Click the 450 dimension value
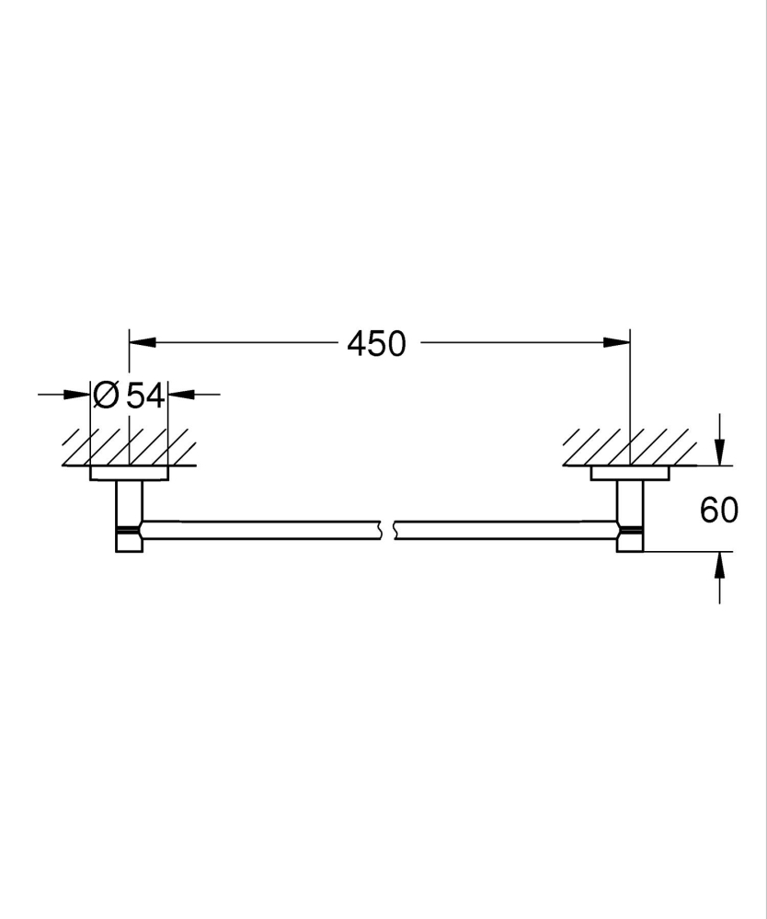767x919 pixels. (x=376, y=344)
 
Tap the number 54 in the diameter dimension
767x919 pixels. (x=144, y=396)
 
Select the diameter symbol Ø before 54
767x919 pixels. (x=106, y=396)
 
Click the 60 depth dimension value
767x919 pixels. (x=718, y=510)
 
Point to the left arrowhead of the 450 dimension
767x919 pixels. (x=139, y=342)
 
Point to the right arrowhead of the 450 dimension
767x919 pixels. (x=620, y=342)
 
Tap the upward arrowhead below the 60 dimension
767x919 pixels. (x=719, y=563)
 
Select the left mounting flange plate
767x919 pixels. (x=129, y=474)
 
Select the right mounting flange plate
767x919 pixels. (x=630, y=474)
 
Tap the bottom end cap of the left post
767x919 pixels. (x=129, y=544)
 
